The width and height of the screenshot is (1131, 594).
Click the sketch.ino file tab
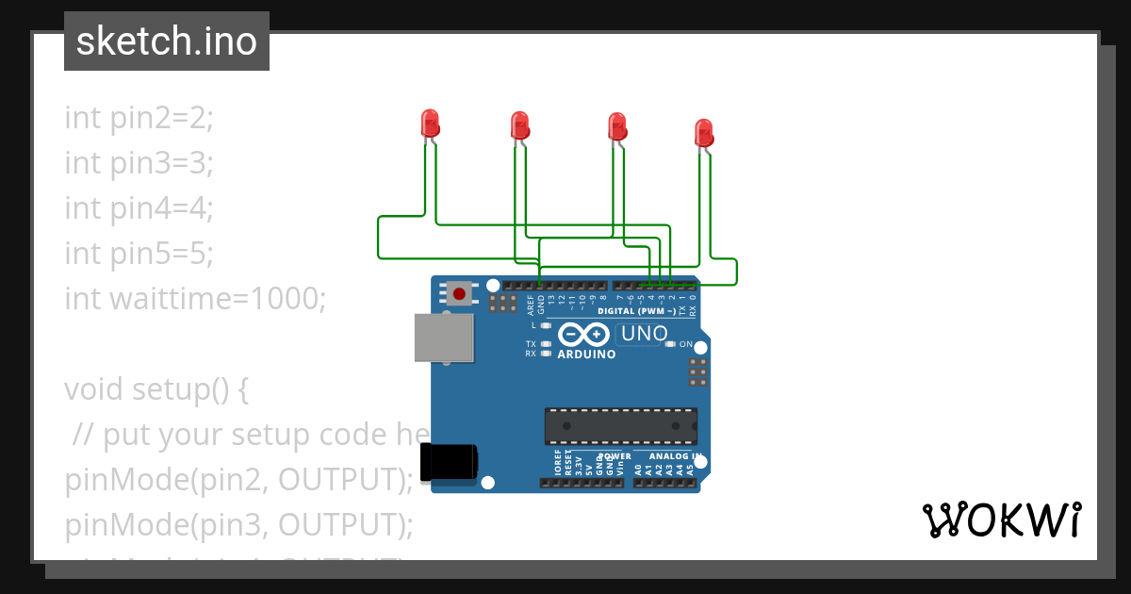tap(167, 41)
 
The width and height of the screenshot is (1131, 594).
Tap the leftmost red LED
tap(430, 124)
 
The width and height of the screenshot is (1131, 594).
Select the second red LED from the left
tap(519, 125)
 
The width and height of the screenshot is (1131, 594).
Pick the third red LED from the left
tap(616, 126)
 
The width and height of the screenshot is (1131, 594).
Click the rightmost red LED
tap(703, 133)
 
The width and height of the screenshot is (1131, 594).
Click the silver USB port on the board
tap(444, 338)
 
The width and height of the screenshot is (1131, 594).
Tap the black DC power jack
tap(450, 461)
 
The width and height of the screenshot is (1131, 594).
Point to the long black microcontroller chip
tap(621, 425)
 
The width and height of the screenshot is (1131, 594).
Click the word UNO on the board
tap(646, 333)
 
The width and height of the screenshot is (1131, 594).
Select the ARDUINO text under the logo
tap(586, 355)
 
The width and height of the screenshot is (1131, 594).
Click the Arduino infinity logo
tap(583, 335)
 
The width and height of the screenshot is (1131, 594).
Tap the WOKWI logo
tap(1002, 520)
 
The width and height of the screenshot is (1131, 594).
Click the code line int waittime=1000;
tap(195, 299)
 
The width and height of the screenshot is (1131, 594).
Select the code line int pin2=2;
tap(139, 118)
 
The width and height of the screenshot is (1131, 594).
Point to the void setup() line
tap(156, 389)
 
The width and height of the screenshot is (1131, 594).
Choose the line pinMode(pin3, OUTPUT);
tap(239, 525)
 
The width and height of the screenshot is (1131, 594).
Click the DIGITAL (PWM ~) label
tap(637, 311)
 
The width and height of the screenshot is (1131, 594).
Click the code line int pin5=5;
tap(139, 254)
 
